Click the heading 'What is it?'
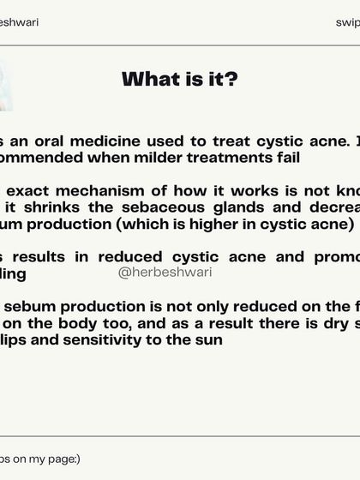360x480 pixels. click(180, 80)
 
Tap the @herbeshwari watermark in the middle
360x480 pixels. click(165, 272)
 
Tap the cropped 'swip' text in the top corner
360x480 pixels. click(347, 22)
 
